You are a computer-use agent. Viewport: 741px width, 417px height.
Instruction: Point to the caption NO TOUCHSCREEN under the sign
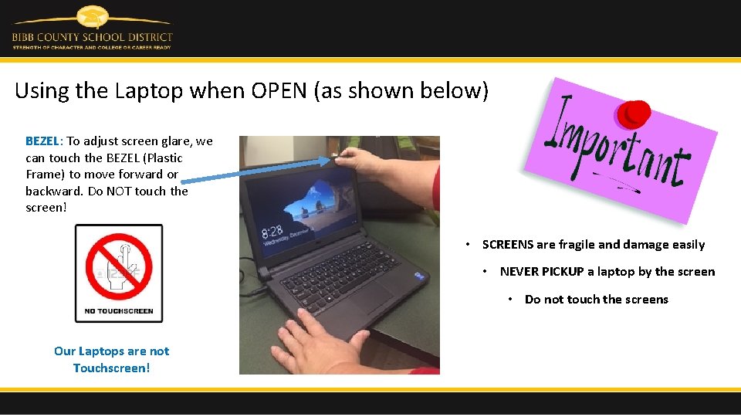[118, 311]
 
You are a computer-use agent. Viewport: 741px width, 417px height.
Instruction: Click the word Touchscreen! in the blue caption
[111, 368]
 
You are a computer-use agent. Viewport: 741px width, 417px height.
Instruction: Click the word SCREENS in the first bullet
[507, 245]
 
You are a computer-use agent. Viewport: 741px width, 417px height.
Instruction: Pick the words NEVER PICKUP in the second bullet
[541, 272]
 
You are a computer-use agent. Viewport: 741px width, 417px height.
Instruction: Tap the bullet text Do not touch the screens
[596, 300]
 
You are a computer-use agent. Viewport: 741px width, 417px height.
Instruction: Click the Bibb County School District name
[92, 36]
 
